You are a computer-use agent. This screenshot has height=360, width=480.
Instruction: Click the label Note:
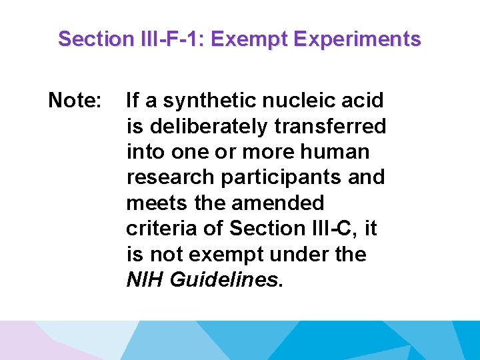pyautogui.click(x=75, y=101)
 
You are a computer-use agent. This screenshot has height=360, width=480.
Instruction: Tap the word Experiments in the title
pyautogui.click(x=359, y=39)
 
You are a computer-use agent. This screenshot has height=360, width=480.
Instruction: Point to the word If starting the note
pyautogui.click(x=133, y=101)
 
